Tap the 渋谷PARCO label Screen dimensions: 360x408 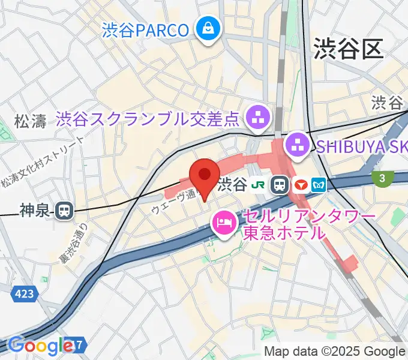click(x=146, y=28)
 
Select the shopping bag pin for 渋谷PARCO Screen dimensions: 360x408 click(x=208, y=28)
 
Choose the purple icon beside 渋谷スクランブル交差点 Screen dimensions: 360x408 click(x=259, y=116)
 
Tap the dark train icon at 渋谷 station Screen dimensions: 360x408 click(x=280, y=185)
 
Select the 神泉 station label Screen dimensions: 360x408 click(x=34, y=211)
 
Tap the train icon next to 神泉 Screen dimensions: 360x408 click(x=62, y=211)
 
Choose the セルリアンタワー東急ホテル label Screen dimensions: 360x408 click(x=309, y=224)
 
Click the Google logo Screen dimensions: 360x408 click(x=41, y=346)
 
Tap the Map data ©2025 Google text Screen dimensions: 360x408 click(x=335, y=352)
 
